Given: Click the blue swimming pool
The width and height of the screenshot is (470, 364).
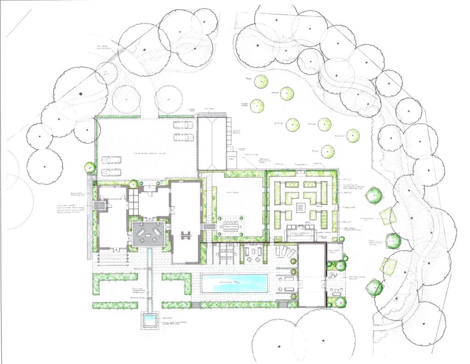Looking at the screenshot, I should pyautogui.click(x=235, y=283).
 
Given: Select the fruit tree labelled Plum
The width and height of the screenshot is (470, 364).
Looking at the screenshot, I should pyautogui.click(x=327, y=151).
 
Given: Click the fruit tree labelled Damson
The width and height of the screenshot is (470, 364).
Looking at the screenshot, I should pyautogui.click(x=352, y=135).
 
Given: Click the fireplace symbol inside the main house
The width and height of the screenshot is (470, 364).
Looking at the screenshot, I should pyautogui.click(x=186, y=235).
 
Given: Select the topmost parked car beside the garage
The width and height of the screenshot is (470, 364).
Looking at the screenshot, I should pyautogui.click(x=183, y=124).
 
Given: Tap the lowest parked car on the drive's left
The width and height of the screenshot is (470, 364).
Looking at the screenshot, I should pyautogui.click(x=111, y=173).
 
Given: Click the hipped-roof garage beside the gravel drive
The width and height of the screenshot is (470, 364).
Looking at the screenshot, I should pyautogui.click(x=213, y=142).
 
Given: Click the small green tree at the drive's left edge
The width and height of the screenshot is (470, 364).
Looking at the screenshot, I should pyautogui.click(x=90, y=167).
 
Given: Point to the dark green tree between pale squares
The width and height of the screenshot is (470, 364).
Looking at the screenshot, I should pyautogui.click(x=393, y=241).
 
